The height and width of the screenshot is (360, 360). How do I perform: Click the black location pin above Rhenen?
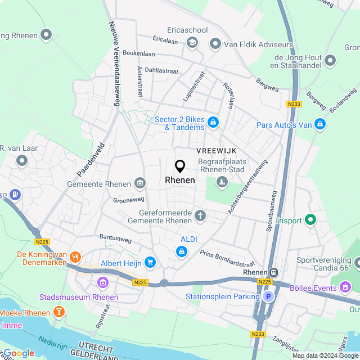tap(180, 166)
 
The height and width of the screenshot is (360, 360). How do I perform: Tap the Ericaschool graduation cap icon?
tap(192, 43)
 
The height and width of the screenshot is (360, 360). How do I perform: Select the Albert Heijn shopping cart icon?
tap(150, 262)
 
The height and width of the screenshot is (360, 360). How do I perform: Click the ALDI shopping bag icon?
tap(181, 252)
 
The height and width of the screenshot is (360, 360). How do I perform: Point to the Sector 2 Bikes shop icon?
tap(213, 122)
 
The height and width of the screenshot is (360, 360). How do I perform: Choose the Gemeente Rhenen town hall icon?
tap(139, 183)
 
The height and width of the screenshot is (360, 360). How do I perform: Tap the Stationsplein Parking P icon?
tap(268, 296)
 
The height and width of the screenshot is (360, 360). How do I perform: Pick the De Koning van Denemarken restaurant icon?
tap(74, 258)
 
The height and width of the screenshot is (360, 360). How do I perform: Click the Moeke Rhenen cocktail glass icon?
tap(58, 312)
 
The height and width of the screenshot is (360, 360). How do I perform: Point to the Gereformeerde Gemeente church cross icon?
tap(200, 215)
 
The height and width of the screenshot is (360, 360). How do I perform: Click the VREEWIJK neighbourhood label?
tap(216, 150)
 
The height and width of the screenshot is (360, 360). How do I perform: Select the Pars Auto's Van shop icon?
tap(319, 124)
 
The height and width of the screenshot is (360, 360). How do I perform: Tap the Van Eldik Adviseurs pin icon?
tap(215, 43)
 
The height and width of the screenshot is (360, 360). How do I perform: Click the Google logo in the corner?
tap(18, 353)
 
